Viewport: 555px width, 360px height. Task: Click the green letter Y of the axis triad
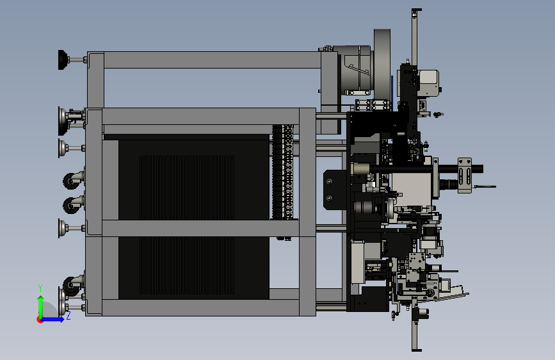[40, 288]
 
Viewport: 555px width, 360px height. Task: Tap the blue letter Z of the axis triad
[68, 315]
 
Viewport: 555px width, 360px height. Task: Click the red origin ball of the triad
[39, 320]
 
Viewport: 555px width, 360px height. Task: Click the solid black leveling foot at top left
[62, 60]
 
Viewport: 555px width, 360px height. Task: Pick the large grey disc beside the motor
[382, 64]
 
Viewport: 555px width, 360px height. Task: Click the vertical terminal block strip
[282, 172]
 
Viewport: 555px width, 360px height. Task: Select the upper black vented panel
[193, 179]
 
